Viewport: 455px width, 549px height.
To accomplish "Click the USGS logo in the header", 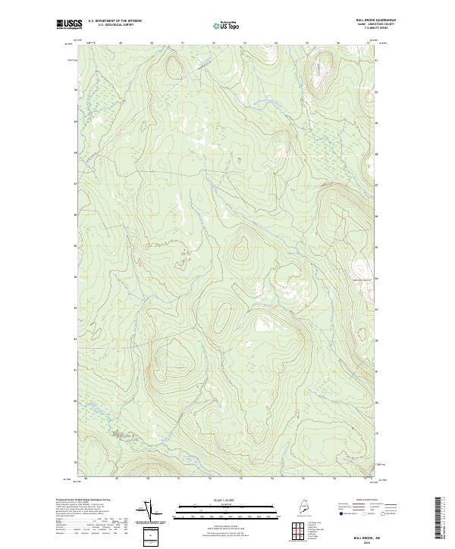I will [69, 24].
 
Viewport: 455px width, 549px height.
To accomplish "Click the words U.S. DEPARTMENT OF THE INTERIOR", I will [115, 21].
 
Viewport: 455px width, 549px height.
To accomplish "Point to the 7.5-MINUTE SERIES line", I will [362, 30].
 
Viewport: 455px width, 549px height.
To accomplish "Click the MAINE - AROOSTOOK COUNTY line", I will [361, 25].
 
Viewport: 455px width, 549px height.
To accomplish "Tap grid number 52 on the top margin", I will [215, 43].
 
